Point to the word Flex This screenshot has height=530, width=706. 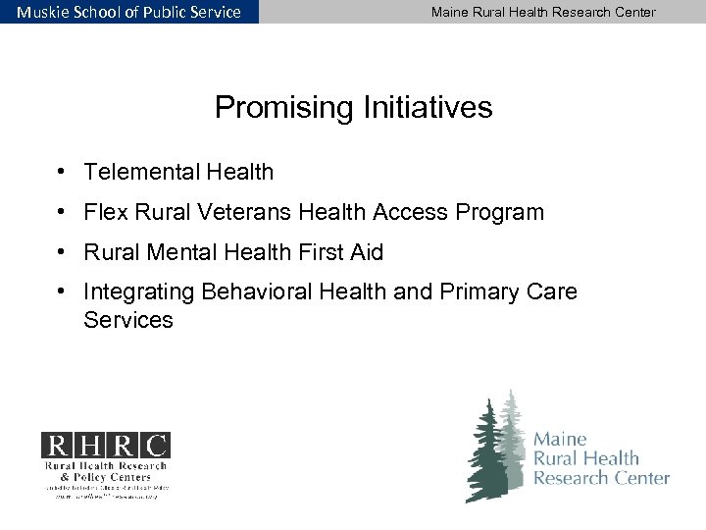[105, 212]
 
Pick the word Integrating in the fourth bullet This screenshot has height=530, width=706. [138, 292]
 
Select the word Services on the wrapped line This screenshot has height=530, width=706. [128, 320]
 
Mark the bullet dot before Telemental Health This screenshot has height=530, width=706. [61, 173]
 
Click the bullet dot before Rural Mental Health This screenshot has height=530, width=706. [61, 252]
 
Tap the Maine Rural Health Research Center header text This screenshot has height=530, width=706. [543, 12]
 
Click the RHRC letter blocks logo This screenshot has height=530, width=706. [105, 446]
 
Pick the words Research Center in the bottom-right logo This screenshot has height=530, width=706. [601, 478]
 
